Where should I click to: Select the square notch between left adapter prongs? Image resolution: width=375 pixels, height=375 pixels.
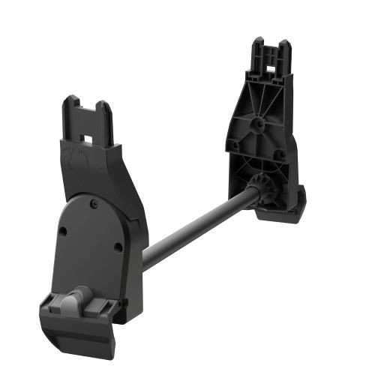coord(88,137)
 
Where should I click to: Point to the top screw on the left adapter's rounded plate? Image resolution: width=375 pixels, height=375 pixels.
coord(94,201)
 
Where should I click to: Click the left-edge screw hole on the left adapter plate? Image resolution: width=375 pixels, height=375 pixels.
coord(63,231)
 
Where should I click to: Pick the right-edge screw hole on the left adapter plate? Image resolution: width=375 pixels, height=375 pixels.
coord(118,247)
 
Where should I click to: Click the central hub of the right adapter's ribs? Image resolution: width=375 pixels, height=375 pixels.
coord(257,123)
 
